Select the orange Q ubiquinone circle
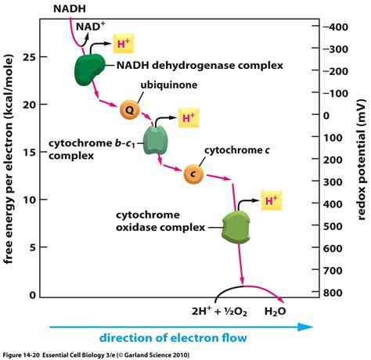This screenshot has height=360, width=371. pos(131,110)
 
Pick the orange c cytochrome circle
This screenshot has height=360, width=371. pos(193,174)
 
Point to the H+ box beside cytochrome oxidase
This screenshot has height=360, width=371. pos(269,202)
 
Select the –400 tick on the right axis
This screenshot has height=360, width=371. pos(339,27)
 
